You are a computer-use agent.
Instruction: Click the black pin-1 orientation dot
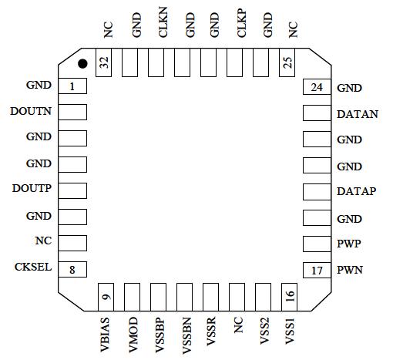point(82,62)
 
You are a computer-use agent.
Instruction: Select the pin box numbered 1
point(72,86)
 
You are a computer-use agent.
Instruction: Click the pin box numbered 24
point(316,87)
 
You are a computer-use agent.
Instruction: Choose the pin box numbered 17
point(316,270)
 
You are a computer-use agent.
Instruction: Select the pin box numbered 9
point(105,294)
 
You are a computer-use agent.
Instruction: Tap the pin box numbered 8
point(72,269)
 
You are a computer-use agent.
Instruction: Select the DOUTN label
point(31,111)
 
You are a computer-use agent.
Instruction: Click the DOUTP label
point(32,189)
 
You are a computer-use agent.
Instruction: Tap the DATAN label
point(358,114)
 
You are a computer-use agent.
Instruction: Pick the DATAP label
point(357,191)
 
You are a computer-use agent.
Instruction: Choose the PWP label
point(349,244)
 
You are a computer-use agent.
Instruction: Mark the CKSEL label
point(33,267)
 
